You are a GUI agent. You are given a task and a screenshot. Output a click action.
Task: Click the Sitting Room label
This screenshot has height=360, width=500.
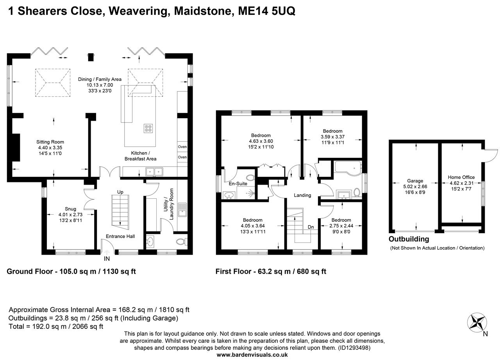click(x=50, y=142)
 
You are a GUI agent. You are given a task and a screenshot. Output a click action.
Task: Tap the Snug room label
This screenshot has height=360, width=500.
click(x=71, y=209)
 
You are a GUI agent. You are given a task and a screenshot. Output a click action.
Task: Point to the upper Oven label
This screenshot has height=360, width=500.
click(x=182, y=147)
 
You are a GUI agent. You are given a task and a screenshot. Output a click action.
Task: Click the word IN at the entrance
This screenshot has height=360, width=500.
click(x=107, y=258)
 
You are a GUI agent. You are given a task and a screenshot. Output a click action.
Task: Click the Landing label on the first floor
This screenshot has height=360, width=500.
click(x=302, y=195)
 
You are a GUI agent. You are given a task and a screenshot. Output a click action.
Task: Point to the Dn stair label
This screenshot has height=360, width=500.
click(x=311, y=226)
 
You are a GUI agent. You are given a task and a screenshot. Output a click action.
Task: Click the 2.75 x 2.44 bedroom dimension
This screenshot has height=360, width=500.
click(x=341, y=226)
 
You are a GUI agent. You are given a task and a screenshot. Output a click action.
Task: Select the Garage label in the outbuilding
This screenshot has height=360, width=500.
click(x=415, y=181)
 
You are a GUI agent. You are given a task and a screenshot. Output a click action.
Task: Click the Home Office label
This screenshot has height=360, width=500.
click(x=461, y=177)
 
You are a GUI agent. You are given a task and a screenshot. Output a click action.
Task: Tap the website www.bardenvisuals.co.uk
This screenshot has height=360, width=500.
click(x=252, y=355)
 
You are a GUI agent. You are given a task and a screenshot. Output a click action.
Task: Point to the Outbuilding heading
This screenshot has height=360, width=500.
click(x=409, y=239)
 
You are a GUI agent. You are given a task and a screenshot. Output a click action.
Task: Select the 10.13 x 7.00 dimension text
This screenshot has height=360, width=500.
click(x=100, y=85)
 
